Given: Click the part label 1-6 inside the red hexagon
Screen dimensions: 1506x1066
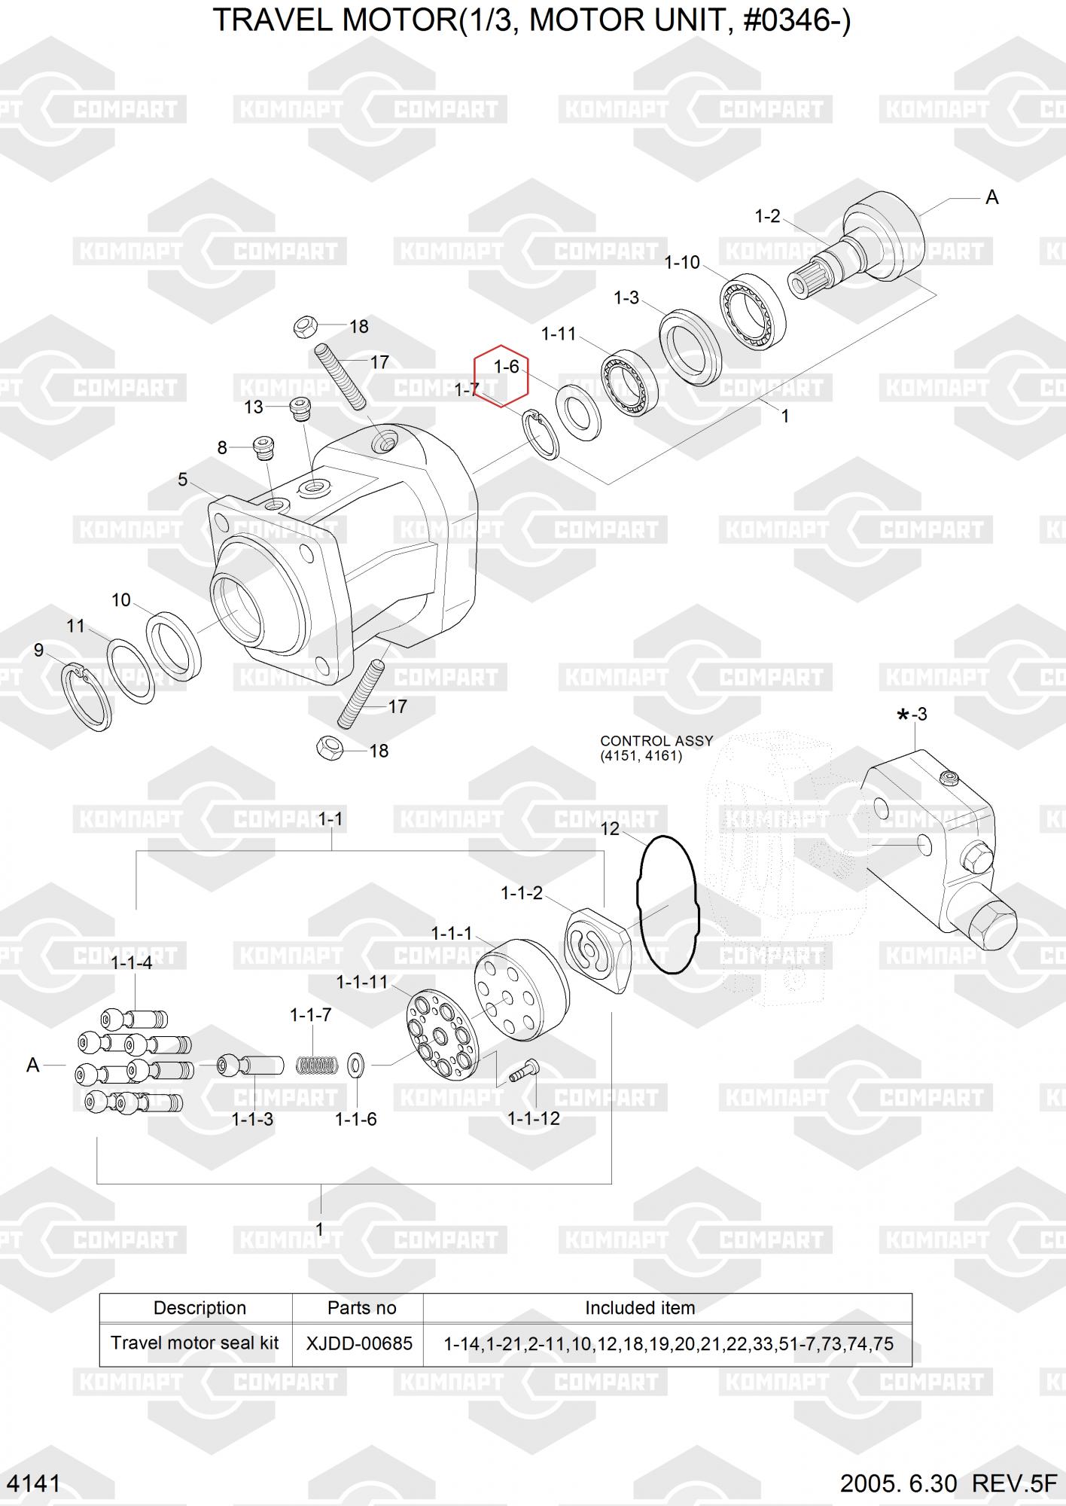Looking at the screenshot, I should pyautogui.click(x=506, y=367).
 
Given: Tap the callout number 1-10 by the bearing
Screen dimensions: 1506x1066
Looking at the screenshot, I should pyautogui.click(x=682, y=263).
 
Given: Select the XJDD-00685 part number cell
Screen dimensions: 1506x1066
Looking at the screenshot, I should pyautogui.click(x=359, y=1343).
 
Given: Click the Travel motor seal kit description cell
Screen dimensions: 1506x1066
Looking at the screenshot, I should pyautogui.click(x=195, y=1343).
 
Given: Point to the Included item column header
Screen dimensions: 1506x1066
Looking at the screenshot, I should pyautogui.click(x=640, y=1308).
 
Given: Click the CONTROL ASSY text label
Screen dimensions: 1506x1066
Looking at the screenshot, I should pyautogui.click(x=656, y=741).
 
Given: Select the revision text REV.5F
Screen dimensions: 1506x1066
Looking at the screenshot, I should pyautogui.click(x=1014, y=1483).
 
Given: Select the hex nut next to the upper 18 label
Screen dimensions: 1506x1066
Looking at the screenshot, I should pyautogui.click(x=304, y=327).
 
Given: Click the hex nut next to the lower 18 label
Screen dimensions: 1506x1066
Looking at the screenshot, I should pyautogui.click(x=329, y=747).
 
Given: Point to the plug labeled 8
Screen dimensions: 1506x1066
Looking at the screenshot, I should pyautogui.click(x=263, y=448).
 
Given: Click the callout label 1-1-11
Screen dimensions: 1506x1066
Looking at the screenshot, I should pyautogui.click(x=361, y=982).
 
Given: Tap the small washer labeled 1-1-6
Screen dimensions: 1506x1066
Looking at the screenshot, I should pyautogui.click(x=356, y=1065).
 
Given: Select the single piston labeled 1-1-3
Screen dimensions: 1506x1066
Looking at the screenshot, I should pyautogui.click(x=251, y=1065).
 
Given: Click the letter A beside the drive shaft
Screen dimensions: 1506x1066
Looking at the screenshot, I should pyautogui.click(x=991, y=197).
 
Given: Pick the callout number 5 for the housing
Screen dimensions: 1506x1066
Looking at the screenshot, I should pyautogui.click(x=182, y=480).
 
